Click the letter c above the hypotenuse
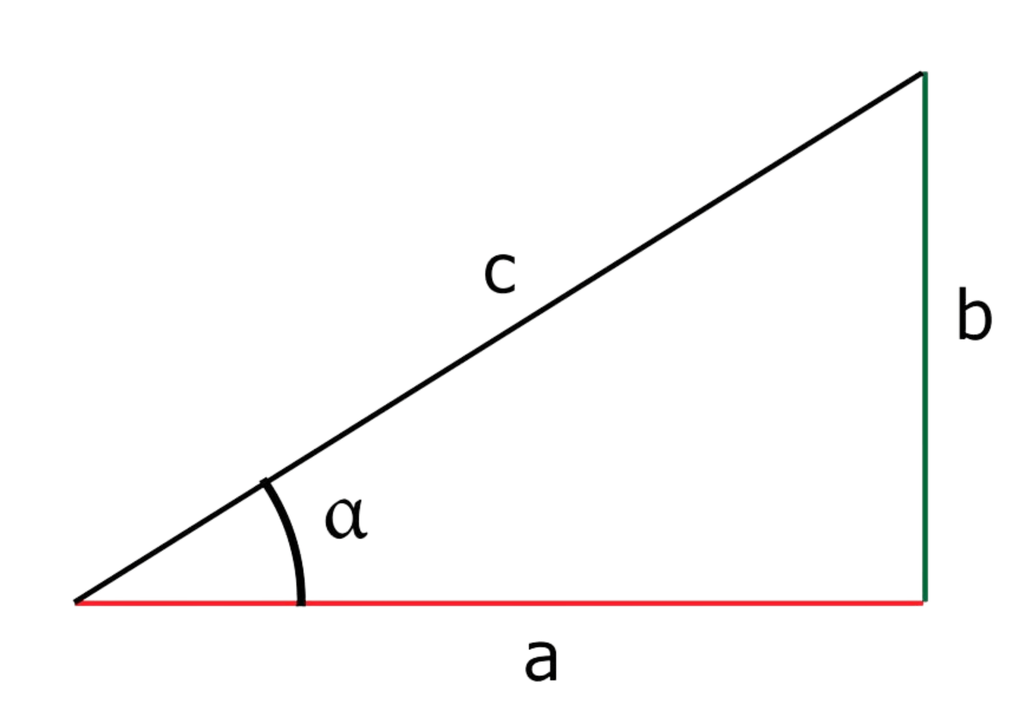click(x=499, y=274)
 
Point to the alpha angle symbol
click(x=345, y=519)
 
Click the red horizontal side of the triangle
click(x=591, y=603)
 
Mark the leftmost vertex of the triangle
click(x=75, y=602)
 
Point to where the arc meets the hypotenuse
click(x=264, y=482)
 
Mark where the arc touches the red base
click(x=300, y=602)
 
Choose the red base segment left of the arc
click(x=182, y=603)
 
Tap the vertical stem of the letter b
click(x=962, y=311)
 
